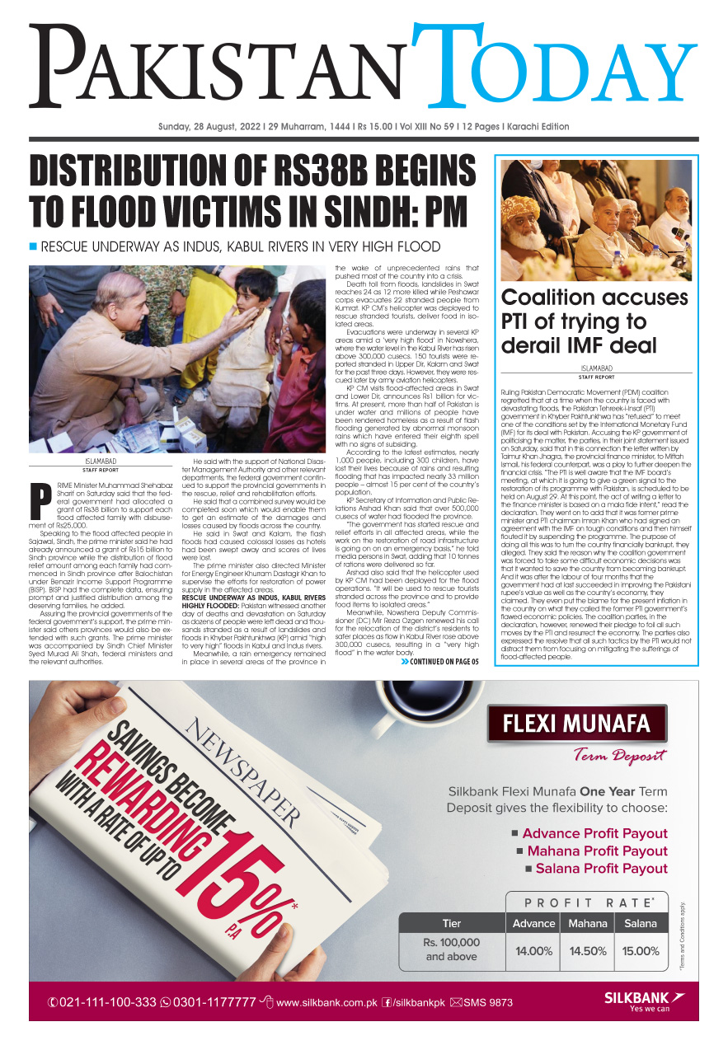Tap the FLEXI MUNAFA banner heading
tap(576, 724)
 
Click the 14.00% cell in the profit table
tap(533, 950)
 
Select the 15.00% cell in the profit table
tap(641, 950)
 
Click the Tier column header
tap(452, 923)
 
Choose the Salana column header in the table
tap(641, 923)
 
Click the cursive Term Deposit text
tap(620, 756)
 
